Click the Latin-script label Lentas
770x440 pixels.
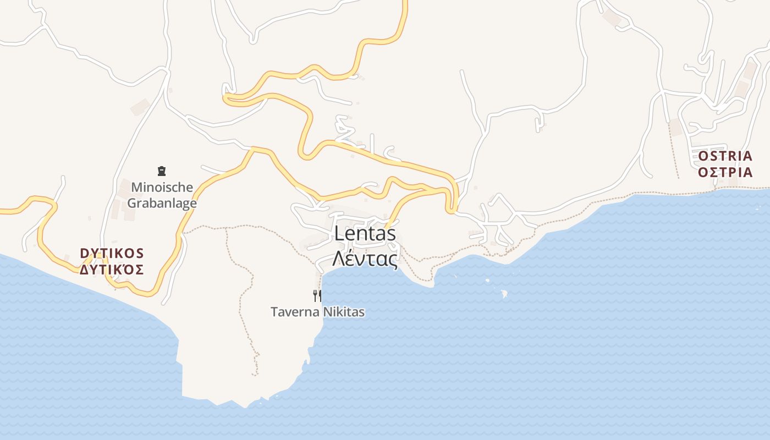coord(365,234)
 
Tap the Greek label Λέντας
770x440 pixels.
coord(365,258)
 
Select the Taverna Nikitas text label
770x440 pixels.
coord(317,312)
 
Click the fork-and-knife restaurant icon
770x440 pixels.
coord(317,296)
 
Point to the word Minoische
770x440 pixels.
coord(162,188)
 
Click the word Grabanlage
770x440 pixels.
coord(162,203)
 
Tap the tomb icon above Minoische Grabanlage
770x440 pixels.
coord(162,171)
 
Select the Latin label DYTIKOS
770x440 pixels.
coord(112,254)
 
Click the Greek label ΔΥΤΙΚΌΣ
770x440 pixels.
coord(112,269)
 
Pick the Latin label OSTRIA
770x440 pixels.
coord(725,156)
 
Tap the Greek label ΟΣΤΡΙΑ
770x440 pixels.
coord(725,173)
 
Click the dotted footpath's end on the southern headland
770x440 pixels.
coord(256,375)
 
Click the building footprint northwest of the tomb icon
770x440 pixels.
coord(140,107)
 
